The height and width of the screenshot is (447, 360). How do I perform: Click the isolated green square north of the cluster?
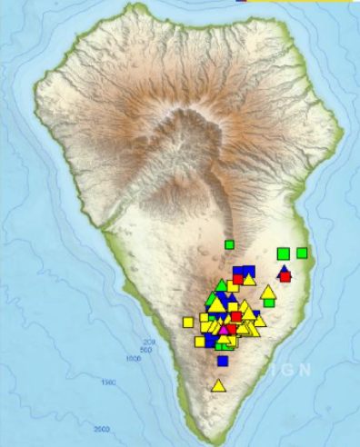click(230, 244)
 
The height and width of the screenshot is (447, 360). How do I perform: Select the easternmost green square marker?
click(302, 253)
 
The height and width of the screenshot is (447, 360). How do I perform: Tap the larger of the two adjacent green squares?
click(284, 253)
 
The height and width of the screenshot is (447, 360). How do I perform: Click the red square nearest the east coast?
click(285, 276)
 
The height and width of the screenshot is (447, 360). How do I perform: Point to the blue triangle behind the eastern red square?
click(283, 270)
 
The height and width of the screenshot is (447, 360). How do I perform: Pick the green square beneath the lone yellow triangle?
click(268, 301)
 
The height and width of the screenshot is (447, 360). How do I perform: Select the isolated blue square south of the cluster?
click(223, 361)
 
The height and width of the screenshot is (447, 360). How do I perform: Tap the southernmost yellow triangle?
click(218, 385)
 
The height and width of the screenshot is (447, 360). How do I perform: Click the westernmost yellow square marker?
click(188, 322)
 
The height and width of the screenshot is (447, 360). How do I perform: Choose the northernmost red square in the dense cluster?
click(237, 279)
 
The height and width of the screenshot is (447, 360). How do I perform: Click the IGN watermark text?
click(290, 370)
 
